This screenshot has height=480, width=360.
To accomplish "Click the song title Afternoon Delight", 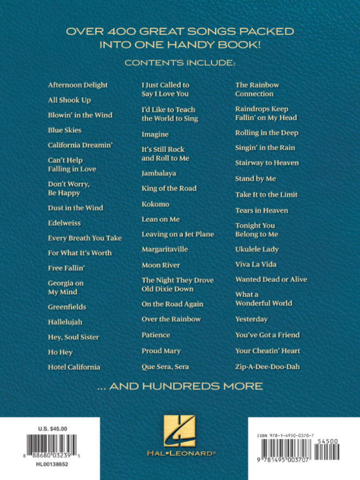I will pyautogui.click(x=78, y=85).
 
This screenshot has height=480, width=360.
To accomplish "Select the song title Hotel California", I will pyautogui.click(x=74, y=367).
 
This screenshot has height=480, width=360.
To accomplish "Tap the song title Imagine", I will pyautogui.click(x=155, y=134).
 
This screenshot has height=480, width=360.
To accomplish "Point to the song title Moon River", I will pyautogui.click(x=161, y=265).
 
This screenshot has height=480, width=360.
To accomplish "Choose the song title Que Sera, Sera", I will pyautogui.click(x=165, y=367).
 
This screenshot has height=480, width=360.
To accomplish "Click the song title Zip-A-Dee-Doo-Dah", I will pyautogui.click(x=268, y=367).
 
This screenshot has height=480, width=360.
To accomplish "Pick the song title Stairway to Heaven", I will pyautogui.click(x=267, y=163).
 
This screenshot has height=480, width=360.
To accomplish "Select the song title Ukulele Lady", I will pyautogui.click(x=257, y=249).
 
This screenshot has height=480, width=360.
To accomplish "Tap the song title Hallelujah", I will pyautogui.click(x=65, y=322).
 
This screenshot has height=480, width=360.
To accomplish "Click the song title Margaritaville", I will pyautogui.click(x=165, y=249).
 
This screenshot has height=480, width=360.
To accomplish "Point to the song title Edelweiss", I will pyautogui.click(x=64, y=223).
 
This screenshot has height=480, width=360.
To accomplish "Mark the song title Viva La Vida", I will pyautogui.click(x=256, y=264).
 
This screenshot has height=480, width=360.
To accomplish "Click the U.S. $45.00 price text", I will pyautogui.click(x=53, y=428).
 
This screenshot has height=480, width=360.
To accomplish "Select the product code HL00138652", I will pyautogui.click(x=53, y=465).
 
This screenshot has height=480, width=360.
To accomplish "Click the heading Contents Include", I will pyautogui.click(x=180, y=63).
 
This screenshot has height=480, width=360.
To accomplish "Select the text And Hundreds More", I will pyautogui.click(x=180, y=387).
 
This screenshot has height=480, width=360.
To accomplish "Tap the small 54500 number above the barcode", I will pyautogui.click(x=325, y=441).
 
